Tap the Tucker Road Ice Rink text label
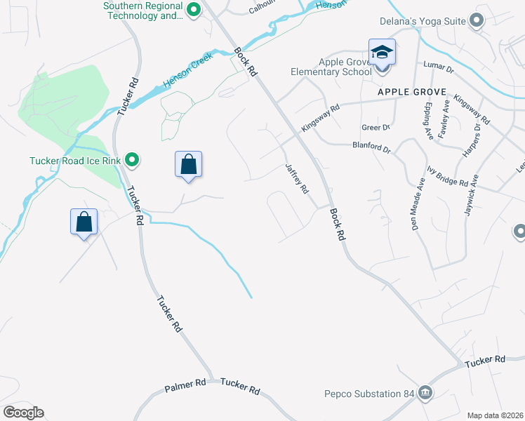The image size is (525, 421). [x=76, y=161]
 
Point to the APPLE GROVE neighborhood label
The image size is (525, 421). [x=407, y=92]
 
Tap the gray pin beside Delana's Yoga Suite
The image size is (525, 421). [x=477, y=20]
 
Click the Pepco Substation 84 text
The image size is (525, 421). [x=370, y=394]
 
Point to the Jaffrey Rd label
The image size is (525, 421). [x=297, y=179]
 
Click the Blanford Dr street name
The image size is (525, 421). [x=371, y=147]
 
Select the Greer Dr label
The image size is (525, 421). [x=375, y=128]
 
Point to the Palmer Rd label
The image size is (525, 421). [x=185, y=385]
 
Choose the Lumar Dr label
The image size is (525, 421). [x=439, y=65]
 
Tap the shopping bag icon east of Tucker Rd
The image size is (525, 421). [x=188, y=165]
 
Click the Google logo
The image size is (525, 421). [x=24, y=413]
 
